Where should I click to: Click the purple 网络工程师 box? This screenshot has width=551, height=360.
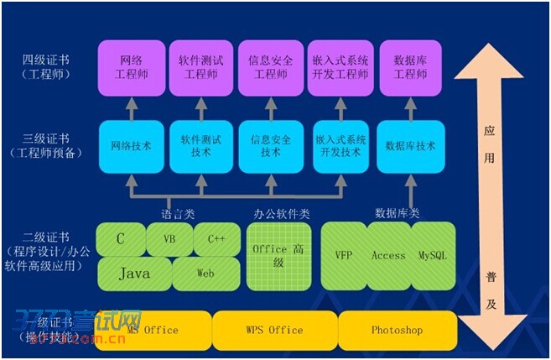tap(132, 67)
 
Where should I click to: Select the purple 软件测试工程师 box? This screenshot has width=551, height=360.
tap(201, 67)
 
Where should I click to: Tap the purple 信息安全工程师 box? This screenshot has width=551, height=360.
tap(270, 67)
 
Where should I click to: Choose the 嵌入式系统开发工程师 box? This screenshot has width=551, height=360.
tap(340, 67)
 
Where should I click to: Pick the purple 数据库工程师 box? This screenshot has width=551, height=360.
tap(410, 67)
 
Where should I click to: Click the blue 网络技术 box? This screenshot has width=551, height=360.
tap(132, 146)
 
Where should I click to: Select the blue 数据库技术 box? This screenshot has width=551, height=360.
tap(410, 146)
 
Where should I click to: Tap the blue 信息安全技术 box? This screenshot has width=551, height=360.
tap(270, 146)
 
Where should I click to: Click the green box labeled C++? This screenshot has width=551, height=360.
tap(216, 239)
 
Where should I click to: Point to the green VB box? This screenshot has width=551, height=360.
tap(169, 239)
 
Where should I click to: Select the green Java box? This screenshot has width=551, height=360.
tap(134, 274)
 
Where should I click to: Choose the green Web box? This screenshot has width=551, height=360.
tap(206, 274)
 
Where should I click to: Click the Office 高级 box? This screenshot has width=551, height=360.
tap(278, 255)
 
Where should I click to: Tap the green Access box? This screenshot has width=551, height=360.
tap(388, 255)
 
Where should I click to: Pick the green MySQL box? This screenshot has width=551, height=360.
tap(433, 255)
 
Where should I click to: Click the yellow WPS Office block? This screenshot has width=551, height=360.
tap(274, 330)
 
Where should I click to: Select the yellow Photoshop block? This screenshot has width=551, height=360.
tap(397, 330)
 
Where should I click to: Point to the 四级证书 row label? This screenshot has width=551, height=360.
tap(47, 60)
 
